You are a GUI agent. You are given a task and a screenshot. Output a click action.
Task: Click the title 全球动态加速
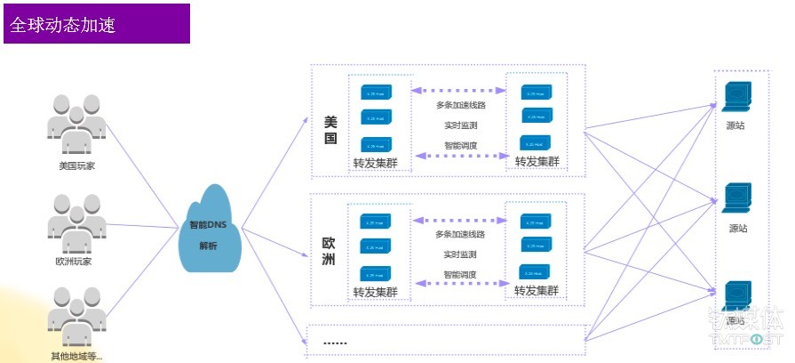63,25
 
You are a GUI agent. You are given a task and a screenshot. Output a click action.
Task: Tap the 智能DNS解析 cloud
210,232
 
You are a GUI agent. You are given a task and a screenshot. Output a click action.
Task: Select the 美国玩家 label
76,165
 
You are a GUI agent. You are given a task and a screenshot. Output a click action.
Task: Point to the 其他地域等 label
76,357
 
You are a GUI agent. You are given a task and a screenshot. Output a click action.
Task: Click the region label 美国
330,130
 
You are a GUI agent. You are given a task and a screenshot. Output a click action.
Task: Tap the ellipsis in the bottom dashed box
335,342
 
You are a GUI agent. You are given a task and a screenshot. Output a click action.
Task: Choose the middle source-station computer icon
737,198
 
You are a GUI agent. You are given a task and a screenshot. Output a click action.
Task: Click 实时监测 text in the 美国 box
460,125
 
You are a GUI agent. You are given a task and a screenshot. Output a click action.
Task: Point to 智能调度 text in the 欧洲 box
460,275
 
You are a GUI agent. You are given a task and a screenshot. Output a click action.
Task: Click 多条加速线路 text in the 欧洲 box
460,234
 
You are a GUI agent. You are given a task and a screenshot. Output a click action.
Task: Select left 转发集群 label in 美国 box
375,163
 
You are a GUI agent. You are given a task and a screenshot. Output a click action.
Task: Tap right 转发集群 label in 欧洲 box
537,291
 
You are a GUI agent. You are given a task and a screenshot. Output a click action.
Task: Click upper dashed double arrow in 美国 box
459,90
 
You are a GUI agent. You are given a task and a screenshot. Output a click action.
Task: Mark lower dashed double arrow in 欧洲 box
459,284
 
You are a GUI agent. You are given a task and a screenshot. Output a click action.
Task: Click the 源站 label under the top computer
737,125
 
